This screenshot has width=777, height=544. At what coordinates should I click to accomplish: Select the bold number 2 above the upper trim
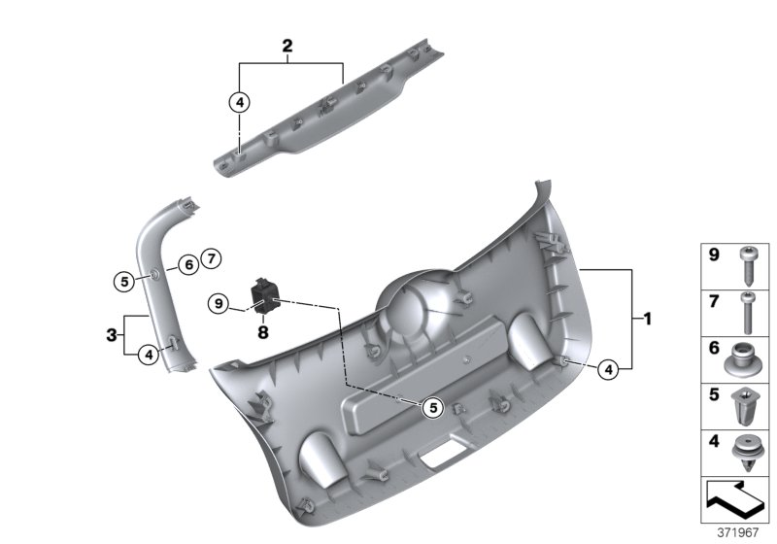[x=287, y=46]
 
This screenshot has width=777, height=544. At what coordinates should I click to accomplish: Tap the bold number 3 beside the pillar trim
[x=112, y=336]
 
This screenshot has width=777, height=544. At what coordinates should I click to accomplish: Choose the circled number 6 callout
[x=187, y=263]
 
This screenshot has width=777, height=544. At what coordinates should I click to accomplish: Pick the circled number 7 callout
[x=213, y=258]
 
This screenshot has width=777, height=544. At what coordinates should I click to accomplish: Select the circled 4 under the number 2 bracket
[x=239, y=100]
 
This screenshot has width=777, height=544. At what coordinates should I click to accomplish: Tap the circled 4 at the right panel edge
[x=606, y=368]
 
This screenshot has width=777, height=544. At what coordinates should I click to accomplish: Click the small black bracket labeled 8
[x=263, y=295]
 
